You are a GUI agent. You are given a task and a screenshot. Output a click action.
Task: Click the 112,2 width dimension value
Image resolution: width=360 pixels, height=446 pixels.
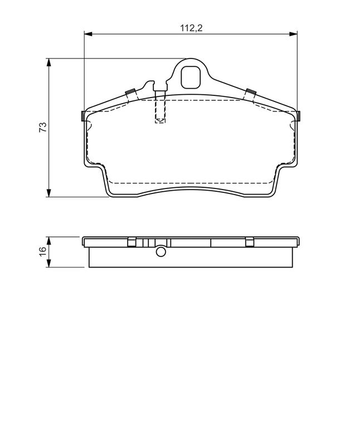point(191,28)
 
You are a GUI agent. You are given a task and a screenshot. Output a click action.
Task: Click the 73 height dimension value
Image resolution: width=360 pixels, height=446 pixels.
point(43,127)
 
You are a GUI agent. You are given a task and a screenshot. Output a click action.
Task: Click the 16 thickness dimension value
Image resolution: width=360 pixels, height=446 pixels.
point(42,251)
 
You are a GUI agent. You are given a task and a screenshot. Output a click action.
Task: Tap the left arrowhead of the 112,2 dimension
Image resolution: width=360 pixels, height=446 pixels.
point(89,34)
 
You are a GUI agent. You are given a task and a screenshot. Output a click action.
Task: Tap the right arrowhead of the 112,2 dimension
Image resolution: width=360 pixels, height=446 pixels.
point(293,34)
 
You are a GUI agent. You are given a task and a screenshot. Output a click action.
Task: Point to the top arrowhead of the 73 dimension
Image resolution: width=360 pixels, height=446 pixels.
point(49,62)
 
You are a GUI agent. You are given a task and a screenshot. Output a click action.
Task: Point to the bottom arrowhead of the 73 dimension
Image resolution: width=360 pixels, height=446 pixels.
point(49,192)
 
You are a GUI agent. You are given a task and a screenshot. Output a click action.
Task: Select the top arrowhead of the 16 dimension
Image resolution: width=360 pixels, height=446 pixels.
point(49,241)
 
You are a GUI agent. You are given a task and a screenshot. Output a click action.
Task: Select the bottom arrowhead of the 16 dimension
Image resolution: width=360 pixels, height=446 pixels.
point(49,263)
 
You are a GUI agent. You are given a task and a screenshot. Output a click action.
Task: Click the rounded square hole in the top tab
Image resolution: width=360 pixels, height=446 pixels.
point(191,77)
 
